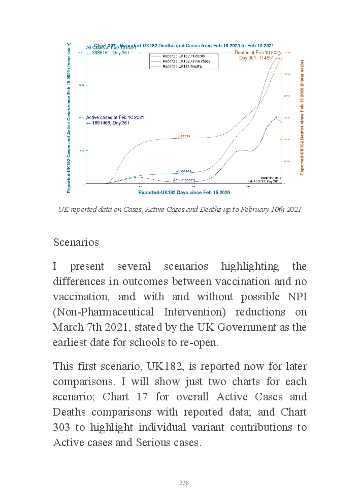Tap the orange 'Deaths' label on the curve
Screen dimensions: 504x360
184,136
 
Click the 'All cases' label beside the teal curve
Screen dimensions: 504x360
184,171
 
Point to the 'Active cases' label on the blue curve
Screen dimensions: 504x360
184,180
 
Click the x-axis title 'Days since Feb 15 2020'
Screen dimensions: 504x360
184,193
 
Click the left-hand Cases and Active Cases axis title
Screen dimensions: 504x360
69,118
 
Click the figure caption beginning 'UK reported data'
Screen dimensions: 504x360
179,209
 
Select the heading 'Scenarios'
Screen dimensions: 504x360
76,242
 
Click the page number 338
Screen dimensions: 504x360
184,483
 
